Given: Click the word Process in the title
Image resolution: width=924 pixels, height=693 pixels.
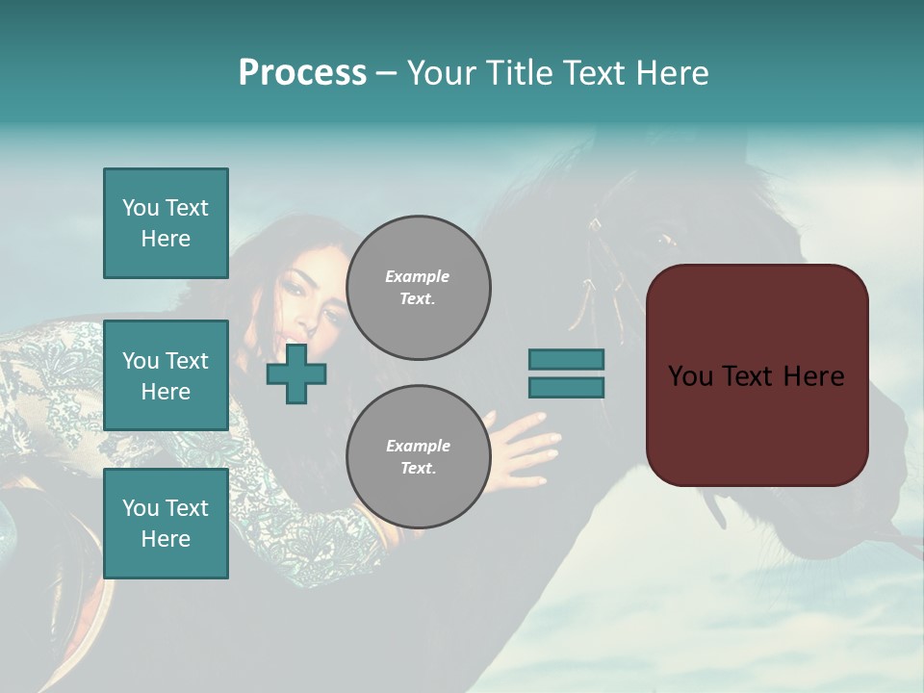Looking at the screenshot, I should pyautogui.click(x=302, y=73).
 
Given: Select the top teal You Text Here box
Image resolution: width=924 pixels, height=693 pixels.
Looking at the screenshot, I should pyautogui.click(x=166, y=223).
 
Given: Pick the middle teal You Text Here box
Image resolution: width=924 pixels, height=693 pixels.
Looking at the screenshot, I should pyautogui.click(x=166, y=375).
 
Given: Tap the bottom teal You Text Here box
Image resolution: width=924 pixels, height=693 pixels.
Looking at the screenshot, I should pyautogui.click(x=166, y=524).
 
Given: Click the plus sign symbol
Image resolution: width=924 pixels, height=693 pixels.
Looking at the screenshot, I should pyautogui.click(x=296, y=373).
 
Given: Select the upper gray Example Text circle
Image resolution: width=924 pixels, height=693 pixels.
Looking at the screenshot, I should pyautogui.click(x=418, y=288).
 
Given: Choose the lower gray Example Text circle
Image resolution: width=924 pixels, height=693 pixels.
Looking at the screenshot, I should pyautogui.click(x=418, y=457).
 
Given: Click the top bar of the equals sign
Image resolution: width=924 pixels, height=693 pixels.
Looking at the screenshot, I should pyautogui.click(x=566, y=359).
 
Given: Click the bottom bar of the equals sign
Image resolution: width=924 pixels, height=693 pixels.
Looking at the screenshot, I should pyautogui.click(x=566, y=388).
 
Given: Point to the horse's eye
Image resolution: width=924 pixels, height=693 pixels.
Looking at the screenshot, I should pyautogui.click(x=666, y=239).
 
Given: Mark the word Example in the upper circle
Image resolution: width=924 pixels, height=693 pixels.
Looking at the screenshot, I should pyautogui.click(x=418, y=276).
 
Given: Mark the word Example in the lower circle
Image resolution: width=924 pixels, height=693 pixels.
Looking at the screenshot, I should pyautogui.click(x=418, y=446).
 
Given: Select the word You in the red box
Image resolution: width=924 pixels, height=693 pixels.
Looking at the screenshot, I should pyautogui.click(x=690, y=376).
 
